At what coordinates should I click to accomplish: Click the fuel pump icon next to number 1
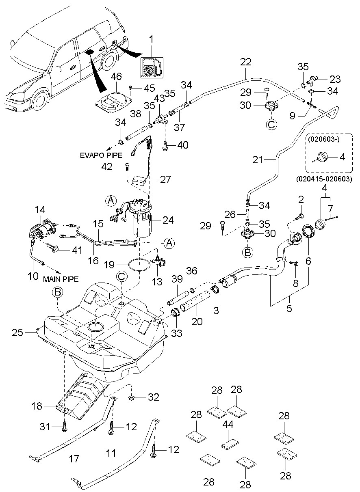151,67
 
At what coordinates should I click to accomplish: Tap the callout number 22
245,63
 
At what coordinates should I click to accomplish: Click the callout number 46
116,76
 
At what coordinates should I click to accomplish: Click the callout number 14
40,210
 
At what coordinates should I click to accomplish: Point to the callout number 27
165,179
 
